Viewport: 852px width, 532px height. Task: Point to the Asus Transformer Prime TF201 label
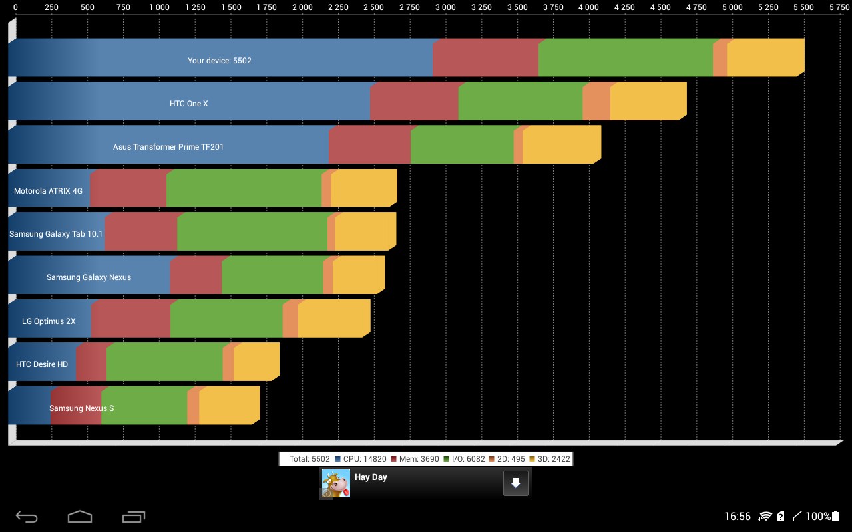coord(168,147)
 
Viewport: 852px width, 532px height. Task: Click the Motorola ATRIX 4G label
coord(48,191)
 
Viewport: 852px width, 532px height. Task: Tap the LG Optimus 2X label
coord(49,321)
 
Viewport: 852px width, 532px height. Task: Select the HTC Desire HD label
coord(42,364)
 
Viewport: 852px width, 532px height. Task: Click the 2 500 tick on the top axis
coord(373,7)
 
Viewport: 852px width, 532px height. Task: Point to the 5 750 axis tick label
coord(839,7)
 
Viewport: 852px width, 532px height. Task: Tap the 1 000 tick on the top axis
coord(159,7)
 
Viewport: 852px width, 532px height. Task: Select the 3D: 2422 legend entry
coord(549,459)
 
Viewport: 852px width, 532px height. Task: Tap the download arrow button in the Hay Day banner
coord(516,483)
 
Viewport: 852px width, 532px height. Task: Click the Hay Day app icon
coord(336,483)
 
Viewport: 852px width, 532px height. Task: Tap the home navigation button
coord(80,517)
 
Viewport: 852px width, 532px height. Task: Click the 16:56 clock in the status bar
coord(737,517)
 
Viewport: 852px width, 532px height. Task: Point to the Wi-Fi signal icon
coord(765,517)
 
